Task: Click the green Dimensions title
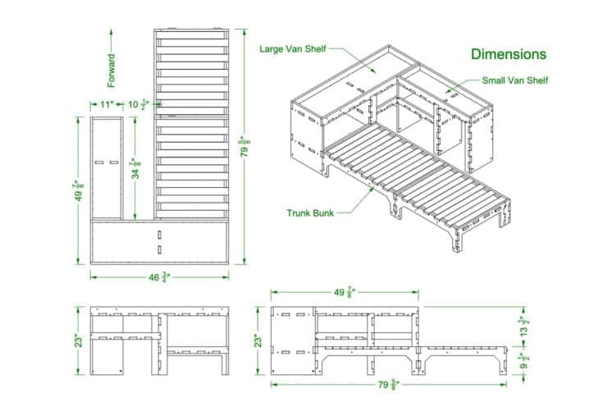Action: point(508,54)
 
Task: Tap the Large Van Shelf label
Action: point(293,49)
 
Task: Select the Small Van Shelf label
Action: point(515,80)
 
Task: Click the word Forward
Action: point(112,71)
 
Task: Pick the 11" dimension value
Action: point(107,104)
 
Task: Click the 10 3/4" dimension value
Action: point(138,104)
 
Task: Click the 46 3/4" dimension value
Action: point(159,277)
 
